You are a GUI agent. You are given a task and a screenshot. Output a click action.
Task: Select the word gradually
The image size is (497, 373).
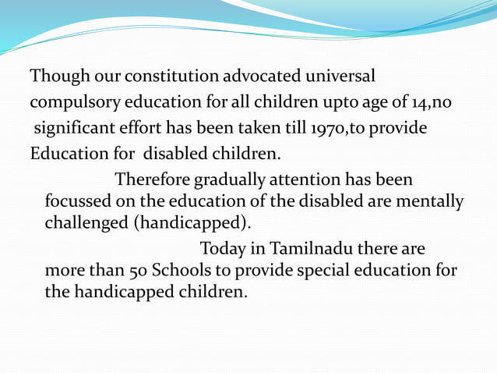click(x=226, y=179)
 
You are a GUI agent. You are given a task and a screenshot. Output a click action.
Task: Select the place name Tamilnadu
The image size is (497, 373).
click(x=308, y=250)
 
